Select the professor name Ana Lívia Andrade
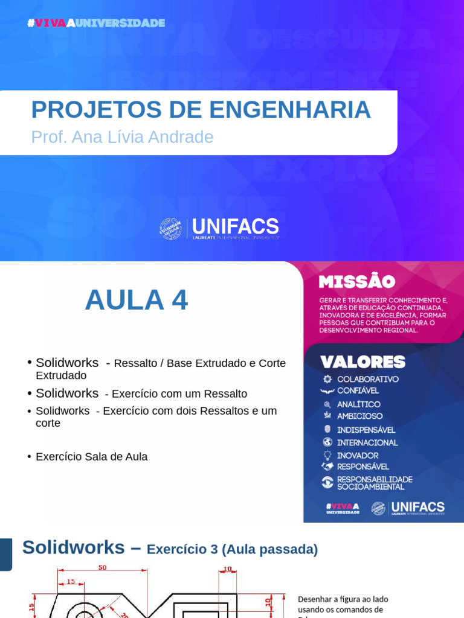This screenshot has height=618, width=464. point(143,137)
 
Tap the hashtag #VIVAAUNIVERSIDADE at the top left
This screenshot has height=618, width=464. point(96,23)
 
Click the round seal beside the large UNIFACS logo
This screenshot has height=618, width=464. point(170,229)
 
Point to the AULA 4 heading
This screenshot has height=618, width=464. point(137,300)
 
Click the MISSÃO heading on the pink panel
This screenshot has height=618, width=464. point(356,282)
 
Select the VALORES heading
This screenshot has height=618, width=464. point(362,362)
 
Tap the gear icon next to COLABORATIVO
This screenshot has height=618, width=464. point(327,379)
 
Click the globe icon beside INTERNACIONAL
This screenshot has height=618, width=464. point(327,442)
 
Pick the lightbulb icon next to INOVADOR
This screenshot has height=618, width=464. point(327,455)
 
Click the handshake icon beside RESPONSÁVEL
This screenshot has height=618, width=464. point(327,467)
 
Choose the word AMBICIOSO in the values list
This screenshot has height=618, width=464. point(359,416)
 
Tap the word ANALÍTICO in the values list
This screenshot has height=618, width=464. point(359,404)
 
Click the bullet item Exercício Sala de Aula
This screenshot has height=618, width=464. point(91,457)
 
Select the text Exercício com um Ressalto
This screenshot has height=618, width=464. point(176,394)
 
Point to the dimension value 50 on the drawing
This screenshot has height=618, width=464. point(102,568)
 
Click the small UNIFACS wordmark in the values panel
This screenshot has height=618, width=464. point(417,507)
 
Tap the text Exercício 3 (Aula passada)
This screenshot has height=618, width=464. point(233,550)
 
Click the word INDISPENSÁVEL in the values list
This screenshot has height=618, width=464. point(366,430)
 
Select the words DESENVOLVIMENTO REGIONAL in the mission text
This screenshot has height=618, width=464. point(369,330)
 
